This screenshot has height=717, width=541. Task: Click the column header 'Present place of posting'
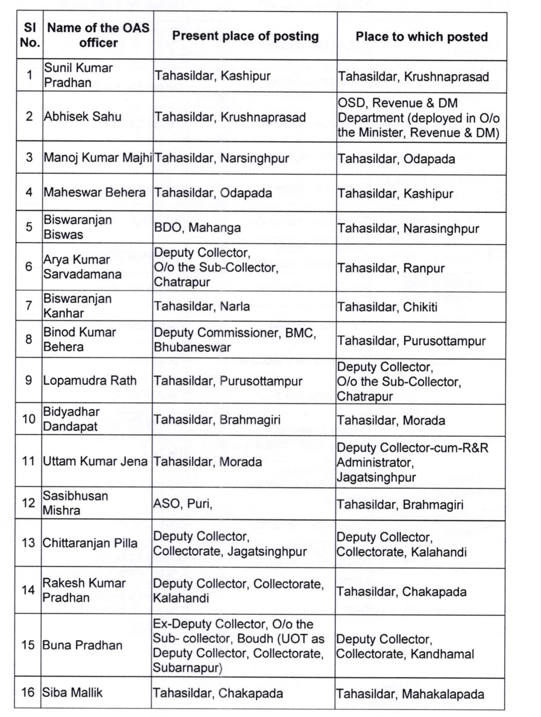[245, 36]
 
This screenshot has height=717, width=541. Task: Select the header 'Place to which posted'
[421, 36]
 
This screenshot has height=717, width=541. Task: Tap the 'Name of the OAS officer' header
[98, 35]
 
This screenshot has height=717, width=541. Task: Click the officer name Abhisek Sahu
[83, 117]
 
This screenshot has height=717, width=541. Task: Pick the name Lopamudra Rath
[90, 380]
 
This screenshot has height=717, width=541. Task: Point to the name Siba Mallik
[72, 692]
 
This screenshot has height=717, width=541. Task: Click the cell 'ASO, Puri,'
[183, 504]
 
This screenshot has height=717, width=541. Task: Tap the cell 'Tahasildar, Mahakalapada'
[410, 694]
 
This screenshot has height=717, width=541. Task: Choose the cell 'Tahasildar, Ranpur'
[391, 268]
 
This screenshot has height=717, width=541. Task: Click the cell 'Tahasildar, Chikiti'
[387, 307]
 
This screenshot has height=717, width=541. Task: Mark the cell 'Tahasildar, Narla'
[202, 307]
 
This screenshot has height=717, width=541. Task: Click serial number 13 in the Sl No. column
[28, 543]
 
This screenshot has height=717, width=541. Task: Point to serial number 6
[29, 267]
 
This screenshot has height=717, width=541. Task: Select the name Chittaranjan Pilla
[90, 543]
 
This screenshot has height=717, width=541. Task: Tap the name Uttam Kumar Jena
[95, 461]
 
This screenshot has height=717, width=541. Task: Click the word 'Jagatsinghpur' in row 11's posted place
[376, 477]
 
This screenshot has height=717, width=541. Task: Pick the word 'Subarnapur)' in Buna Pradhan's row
[188, 668]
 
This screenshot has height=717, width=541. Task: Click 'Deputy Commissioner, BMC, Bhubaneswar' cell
[235, 340]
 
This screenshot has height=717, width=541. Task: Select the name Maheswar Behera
[95, 192]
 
